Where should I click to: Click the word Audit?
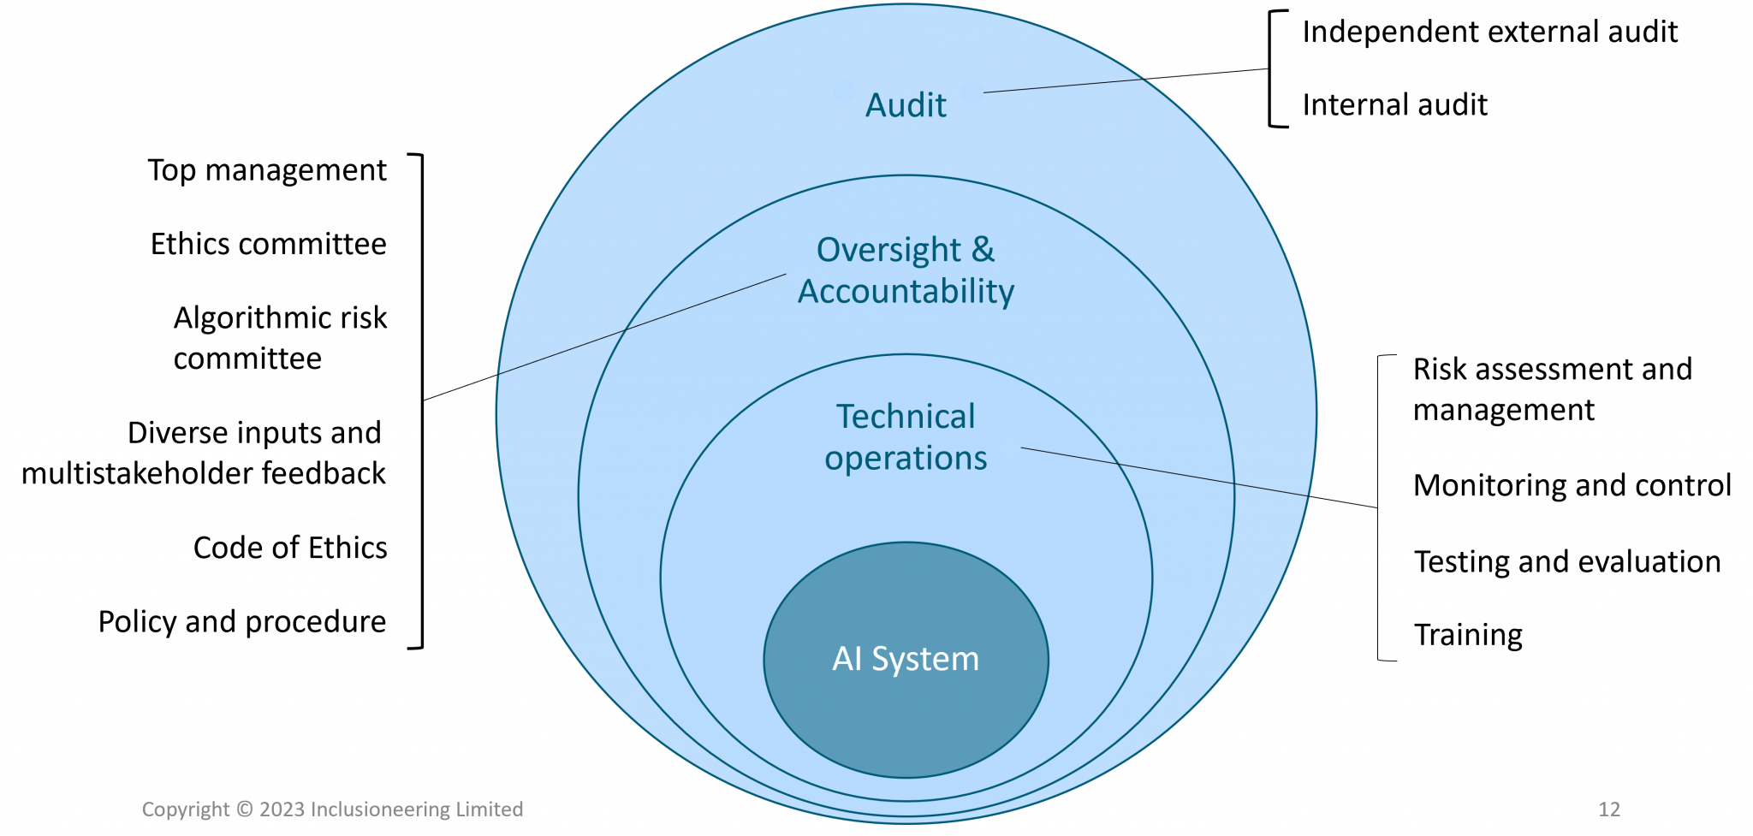906,105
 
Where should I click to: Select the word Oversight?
888,250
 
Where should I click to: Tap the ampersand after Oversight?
983,250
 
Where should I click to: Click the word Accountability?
906,292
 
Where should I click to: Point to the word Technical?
906,417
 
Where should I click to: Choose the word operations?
906,459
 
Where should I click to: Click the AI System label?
906,659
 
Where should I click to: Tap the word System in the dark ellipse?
925,660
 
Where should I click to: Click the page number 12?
1609,809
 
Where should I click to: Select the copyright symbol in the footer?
244,809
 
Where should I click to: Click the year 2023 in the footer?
282,809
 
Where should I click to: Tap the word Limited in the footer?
490,809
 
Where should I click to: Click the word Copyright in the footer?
186,809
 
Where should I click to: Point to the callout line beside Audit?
1063,86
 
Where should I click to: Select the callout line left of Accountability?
642,323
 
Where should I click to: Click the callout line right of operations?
1164,471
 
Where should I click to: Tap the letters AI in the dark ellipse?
847,659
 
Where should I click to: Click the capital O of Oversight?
829,250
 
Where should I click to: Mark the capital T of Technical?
844,417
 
